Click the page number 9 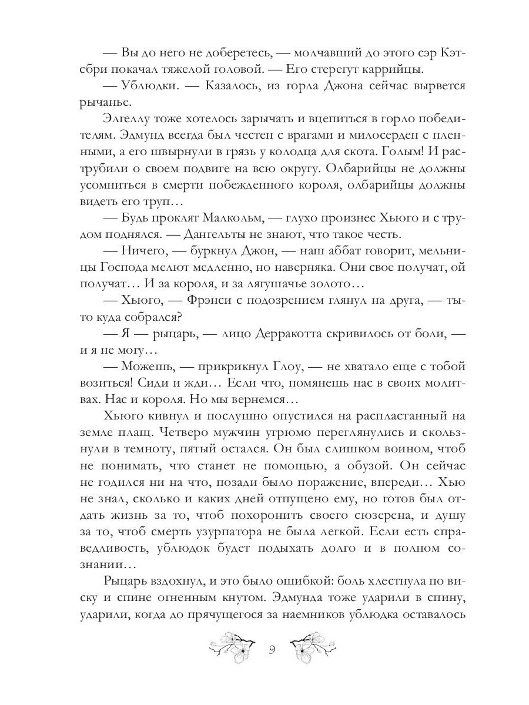[x=272, y=650]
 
